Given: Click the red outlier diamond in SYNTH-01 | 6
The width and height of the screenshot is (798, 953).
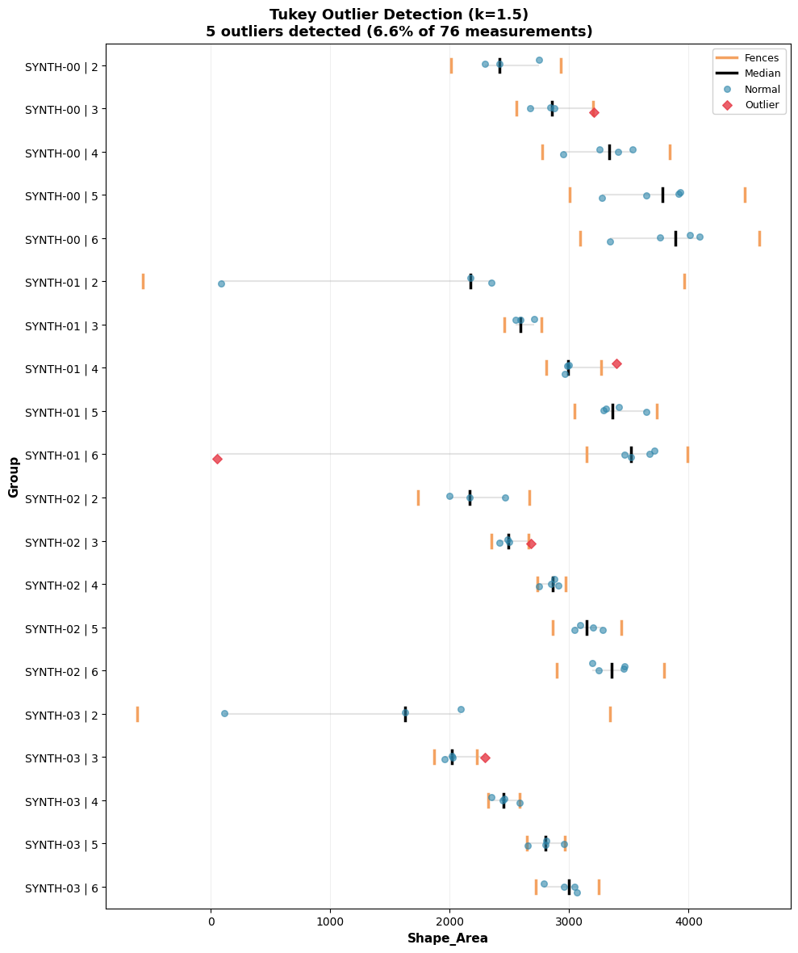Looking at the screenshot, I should [217, 459].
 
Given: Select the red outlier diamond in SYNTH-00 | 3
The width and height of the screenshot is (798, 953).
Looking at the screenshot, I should [594, 112].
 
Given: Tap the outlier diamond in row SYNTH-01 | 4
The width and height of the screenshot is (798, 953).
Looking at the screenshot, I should [616, 363].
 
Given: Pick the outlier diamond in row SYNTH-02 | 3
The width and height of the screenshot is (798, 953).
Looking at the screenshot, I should [531, 544].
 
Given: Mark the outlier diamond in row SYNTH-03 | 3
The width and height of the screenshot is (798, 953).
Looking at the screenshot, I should [485, 758].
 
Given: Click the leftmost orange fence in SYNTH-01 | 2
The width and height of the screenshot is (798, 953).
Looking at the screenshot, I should [143, 281].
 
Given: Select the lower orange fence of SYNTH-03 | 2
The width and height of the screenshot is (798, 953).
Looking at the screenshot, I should [137, 714].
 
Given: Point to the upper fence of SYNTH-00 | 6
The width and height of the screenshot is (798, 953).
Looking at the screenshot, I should [759, 238].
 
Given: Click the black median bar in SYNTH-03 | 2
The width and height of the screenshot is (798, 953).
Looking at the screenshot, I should [405, 714].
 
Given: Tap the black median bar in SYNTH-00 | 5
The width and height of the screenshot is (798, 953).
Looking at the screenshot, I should [662, 195].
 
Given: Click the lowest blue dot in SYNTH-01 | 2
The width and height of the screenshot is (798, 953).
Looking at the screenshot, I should [221, 283].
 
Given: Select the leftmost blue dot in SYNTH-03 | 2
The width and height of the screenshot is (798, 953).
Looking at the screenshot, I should [224, 713].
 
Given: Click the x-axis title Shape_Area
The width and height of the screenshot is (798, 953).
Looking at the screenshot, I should [447, 938].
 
